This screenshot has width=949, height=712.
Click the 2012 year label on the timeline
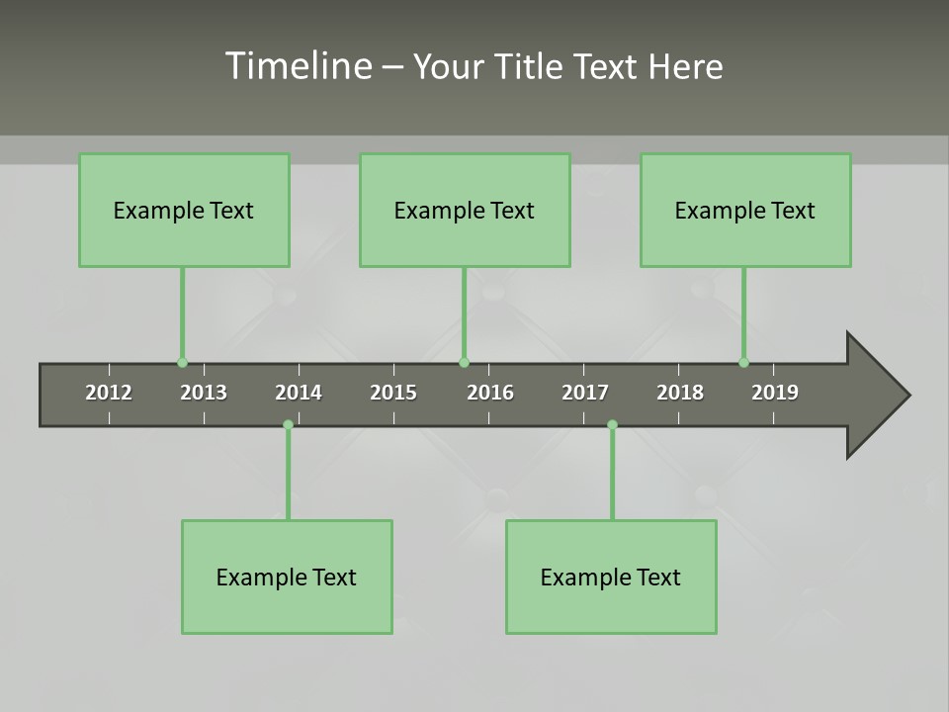click(x=109, y=393)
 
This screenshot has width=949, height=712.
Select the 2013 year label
click(x=204, y=393)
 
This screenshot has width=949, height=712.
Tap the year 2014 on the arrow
click(x=299, y=393)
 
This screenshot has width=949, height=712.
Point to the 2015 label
click(x=393, y=393)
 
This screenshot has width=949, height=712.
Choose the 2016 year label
click(x=490, y=393)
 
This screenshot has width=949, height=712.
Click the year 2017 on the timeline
click(x=585, y=393)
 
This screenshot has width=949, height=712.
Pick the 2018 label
click(x=680, y=393)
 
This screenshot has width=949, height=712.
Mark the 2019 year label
click(x=775, y=393)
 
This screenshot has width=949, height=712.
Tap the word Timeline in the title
click(x=296, y=66)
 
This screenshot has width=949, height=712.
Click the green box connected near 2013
click(x=184, y=211)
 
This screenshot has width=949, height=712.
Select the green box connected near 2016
click(x=465, y=211)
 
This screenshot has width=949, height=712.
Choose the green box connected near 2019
click(x=745, y=211)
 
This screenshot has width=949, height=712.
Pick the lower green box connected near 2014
click(x=287, y=577)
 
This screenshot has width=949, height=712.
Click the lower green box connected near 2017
click(x=611, y=577)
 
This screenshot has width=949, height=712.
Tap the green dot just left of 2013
click(x=182, y=363)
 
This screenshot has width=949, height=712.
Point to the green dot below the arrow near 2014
click(x=288, y=425)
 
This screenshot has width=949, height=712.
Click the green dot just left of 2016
click(x=465, y=363)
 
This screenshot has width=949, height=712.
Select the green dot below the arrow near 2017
click(x=612, y=425)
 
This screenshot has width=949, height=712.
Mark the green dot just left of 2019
click(x=743, y=363)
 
